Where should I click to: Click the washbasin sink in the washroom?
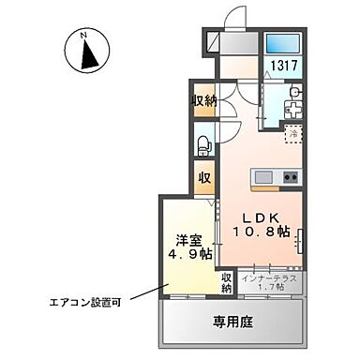(294, 91)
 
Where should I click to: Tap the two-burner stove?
(288, 176)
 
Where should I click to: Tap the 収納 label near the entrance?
(204, 100)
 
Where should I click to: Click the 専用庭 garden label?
(233, 323)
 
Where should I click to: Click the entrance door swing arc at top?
(236, 19)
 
